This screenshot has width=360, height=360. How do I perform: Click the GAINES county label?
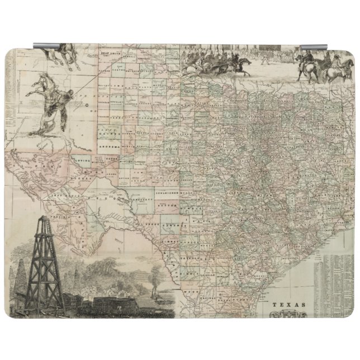click(110, 134)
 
